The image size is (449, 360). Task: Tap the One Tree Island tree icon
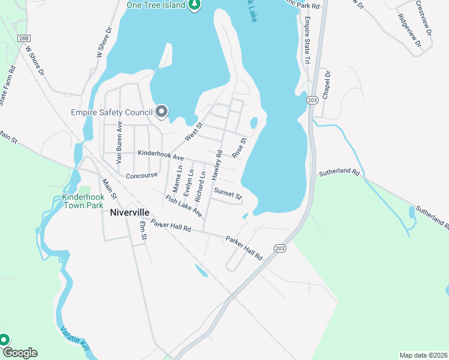(x=194, y=5)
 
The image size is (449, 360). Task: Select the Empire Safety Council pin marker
(x=161, y=112)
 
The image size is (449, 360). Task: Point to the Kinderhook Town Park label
(x=83, y=201)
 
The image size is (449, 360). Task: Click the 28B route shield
(x=23, y=38)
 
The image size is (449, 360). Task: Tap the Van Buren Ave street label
(x=119, y=146)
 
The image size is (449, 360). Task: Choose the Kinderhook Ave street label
(x=160, y=155)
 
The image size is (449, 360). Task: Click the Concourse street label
(x=142, y=176)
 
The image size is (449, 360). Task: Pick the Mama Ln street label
(x=176, y=175)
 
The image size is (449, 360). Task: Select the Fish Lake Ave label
(x=184, y=206)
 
